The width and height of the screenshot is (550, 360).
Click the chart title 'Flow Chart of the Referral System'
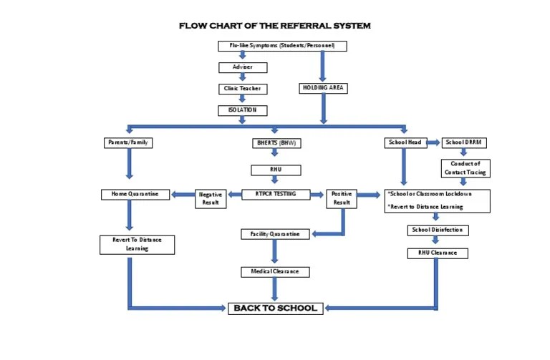click(275, 26)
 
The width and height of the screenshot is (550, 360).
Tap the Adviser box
click(243, 67)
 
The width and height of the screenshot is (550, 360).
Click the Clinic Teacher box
click(243, 89)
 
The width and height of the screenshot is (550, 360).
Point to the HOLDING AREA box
click(323, 88)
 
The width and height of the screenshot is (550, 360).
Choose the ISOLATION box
click(243, 110)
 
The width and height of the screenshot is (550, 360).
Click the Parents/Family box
click(128, 142)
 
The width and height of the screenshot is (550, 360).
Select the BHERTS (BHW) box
click(276, 143)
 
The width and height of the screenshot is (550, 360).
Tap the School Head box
click(405, 142)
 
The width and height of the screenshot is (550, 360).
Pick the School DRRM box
click(465, 142)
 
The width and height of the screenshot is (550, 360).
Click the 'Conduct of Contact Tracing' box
click(465, 168)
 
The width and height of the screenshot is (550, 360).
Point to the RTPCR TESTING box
click(276, 194)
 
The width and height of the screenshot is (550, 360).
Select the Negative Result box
click(211, 198)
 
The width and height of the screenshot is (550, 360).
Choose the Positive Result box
click(342, 198)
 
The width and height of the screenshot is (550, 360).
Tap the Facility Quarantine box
click(275, 234)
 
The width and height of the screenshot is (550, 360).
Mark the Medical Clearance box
click(275, 272)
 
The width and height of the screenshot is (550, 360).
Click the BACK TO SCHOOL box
click(276, 308)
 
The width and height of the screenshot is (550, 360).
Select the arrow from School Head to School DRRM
click(433, 142)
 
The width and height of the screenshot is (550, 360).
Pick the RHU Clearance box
click(438, 253)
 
